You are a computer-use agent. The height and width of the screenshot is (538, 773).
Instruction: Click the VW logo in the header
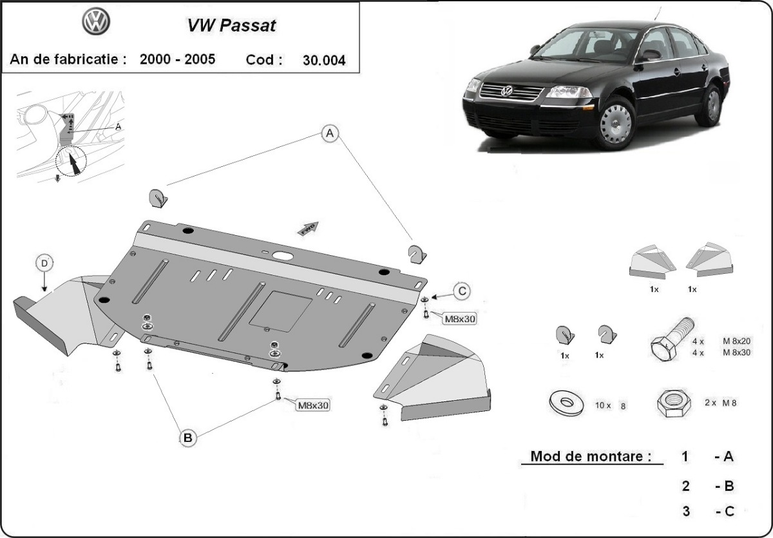[96, 22]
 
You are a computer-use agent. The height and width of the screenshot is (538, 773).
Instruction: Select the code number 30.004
[323, 61]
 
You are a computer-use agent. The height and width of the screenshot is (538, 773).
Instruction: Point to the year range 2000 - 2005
[177, 60]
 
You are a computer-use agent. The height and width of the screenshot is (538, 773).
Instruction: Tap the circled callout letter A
[330, 133]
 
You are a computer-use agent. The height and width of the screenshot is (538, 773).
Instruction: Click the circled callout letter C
[461, 292]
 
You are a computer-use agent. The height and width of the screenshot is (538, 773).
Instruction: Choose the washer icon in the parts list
[567, 401]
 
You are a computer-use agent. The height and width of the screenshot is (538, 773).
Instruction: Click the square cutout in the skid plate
[280, 307]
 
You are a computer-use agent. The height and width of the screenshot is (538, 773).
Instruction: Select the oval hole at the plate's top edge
[282, 255]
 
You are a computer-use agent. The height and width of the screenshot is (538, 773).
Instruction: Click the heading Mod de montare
[587, 456]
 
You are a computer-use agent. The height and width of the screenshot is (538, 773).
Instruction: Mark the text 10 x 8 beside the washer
[610, 406]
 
